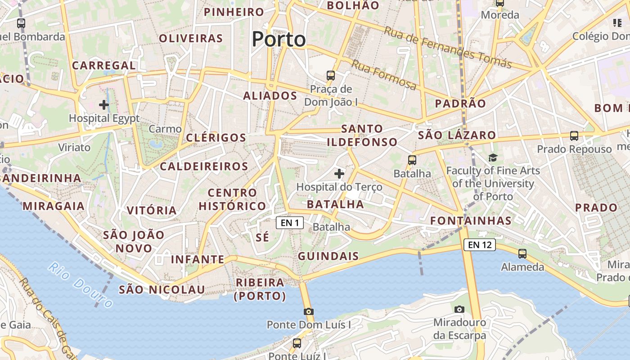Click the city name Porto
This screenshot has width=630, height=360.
pyautogui.click(x=279, y=40)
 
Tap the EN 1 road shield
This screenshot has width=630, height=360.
pyautogui.click(x=290, y=223)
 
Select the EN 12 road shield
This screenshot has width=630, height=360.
pyautogui.click(x=480, y=245)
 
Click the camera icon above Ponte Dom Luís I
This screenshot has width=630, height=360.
pyautogui.click(x=308, y=311)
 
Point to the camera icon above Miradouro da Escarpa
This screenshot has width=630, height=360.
pyautogui.click(x=459, y=309)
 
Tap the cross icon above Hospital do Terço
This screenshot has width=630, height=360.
pyautogui.click(x=339, y=173)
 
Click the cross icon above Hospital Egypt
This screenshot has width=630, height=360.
pyautogui.click(x=104, y=105)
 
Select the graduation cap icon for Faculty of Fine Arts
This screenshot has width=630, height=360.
pyautogui.click(x=493, y=157)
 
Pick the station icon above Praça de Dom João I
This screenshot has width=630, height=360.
pyautogui.click(x=331, y=75)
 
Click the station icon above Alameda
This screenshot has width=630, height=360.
pyautogui.click(x=522, y=254)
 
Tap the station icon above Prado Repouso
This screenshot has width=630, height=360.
pyautogui.click(x=574, y=135)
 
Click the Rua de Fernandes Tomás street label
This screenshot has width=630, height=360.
pyautogui.click(x=448, y=47)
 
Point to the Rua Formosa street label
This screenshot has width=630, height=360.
pyautogui.click(x=384, y=75)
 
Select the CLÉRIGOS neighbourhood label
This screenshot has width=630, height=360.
pyautogui.click(x=216, y=138)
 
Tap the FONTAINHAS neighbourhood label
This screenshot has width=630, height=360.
pyautogui.click(x=471, y=220)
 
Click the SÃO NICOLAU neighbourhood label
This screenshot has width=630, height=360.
pyautogui.click(x=162, y=289)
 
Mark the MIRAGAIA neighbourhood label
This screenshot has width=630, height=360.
pyautogui.click(x=54, y=206)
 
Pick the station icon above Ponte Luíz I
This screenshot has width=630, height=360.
pyautogui.click(x=297, y=343)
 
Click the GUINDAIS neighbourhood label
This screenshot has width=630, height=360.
pyautogui.click(x=328, y=256)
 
